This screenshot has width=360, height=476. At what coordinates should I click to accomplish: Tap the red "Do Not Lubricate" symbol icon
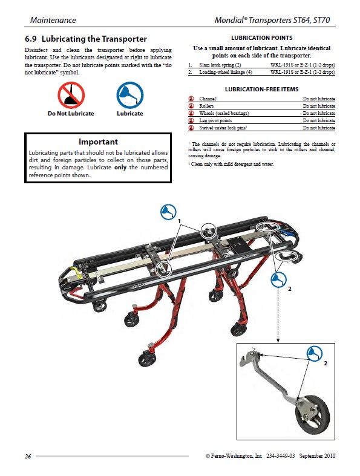(71, 95)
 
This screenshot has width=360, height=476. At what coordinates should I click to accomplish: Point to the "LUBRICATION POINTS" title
(261, 37)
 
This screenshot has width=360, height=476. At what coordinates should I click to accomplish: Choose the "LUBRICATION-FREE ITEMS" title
(261, 89)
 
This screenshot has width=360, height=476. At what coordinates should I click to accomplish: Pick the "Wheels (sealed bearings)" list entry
(224, 113)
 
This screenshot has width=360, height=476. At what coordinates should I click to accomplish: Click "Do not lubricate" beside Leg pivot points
(319, 120)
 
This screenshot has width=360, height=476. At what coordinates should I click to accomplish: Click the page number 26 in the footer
(28, 456)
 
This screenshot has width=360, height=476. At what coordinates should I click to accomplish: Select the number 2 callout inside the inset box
(326, 363)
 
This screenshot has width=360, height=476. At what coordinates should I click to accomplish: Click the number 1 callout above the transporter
(179, 221)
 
